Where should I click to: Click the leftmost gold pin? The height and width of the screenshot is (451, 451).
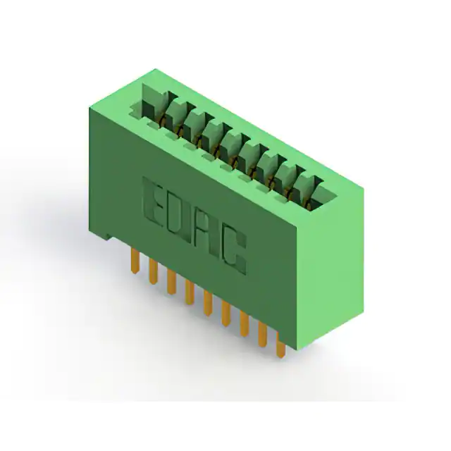(135, 261)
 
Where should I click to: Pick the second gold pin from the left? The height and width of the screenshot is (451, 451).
(154, 271)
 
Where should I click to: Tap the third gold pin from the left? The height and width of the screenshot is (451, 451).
(171, 282)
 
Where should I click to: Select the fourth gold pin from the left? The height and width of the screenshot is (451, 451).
(190, 292)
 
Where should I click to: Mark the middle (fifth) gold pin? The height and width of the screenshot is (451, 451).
(208, 303)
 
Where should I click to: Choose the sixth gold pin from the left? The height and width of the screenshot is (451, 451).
(225, 314)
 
